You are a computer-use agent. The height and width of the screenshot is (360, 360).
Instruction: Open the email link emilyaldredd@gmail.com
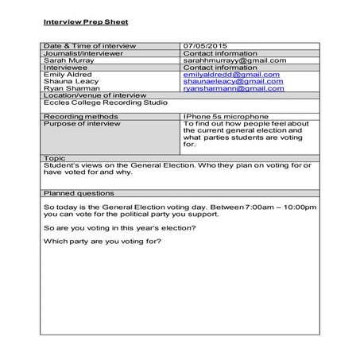pos(231,75)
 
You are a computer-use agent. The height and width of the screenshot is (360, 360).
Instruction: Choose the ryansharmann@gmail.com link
pos(234,89)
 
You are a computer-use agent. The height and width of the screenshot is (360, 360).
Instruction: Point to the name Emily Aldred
pos(66,75)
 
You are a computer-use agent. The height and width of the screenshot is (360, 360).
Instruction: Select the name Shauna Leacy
pos(68,82)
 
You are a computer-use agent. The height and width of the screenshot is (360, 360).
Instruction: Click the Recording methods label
pos(76,117)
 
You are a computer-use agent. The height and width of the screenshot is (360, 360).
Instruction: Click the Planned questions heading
pos(78,193)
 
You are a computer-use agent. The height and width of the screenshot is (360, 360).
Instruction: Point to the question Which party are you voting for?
pos(102,242)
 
